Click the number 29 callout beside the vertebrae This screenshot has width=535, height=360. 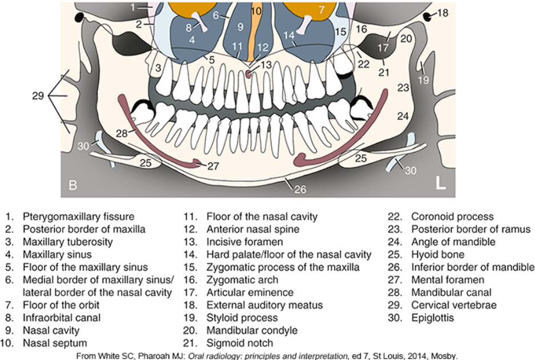click(38, 95)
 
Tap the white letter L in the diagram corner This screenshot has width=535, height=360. click(441, 183)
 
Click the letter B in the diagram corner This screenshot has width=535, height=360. click(73, 185)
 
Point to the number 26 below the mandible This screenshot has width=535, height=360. click(300, 190)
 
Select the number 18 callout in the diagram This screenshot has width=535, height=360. click(443, 13)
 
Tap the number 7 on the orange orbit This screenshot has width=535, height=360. click(321, 10)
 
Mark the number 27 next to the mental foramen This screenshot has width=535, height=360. click(213, 166)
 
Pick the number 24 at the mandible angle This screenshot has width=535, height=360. click(404, 116)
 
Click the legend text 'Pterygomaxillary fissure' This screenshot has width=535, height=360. click(79, 217)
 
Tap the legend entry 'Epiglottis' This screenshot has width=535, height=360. click(432, 317)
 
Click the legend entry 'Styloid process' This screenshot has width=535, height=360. click(242, 317)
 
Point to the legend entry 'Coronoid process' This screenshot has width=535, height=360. click(452, 217)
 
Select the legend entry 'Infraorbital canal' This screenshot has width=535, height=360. click(62, 317)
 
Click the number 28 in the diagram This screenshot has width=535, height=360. click(122, 133)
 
